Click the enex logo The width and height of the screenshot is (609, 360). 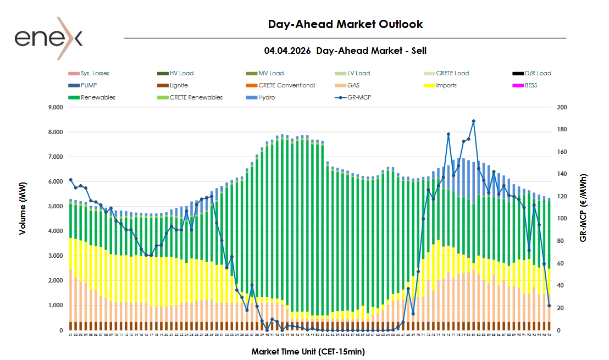pos(48,38)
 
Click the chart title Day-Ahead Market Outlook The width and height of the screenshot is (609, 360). pos(345,24)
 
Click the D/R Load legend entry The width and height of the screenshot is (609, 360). pos(538,73)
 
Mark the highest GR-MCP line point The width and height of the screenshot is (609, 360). pos(473,121)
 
